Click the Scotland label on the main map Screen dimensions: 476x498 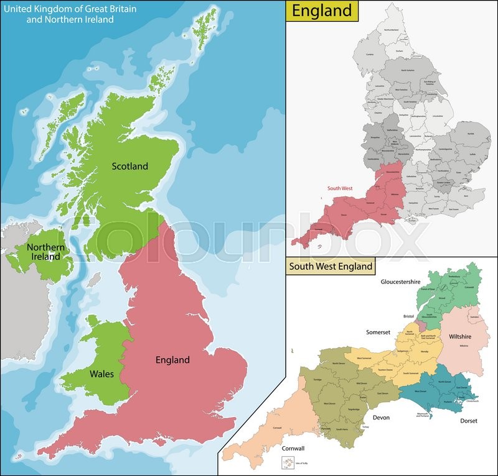[129, 166]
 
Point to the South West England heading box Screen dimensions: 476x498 [330, 267]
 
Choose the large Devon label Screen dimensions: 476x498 [380, 417]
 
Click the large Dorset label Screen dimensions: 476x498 [469, 421]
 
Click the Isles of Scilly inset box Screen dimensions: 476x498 [289, 463]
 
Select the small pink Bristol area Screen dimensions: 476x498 [423, 325]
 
